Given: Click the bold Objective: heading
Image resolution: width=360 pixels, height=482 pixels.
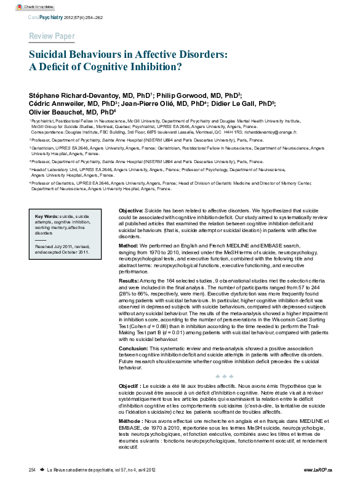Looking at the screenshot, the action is [131, 211].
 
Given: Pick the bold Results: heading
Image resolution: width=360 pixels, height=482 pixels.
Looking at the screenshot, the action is [130, 280].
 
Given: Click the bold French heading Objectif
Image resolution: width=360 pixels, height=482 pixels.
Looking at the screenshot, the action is [131, 385].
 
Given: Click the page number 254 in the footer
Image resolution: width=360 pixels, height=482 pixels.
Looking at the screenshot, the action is [32, 470].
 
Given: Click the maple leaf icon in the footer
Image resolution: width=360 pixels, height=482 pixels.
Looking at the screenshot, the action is [42, 470].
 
